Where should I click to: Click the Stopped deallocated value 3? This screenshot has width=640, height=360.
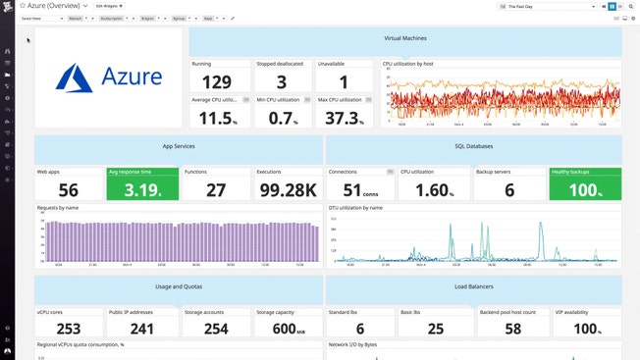(x=283, y=81)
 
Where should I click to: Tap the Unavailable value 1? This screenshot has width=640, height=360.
(x=345, y=81)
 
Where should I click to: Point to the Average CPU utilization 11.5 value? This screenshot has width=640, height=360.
(x=218, y=118)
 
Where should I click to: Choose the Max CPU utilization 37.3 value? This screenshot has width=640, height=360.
(x=343, y=118)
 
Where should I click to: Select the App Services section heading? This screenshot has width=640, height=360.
(x=179, y=145)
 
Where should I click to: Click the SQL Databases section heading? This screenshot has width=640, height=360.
(x=472, y=145)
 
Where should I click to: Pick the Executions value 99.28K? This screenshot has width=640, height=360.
(x=288, y=190)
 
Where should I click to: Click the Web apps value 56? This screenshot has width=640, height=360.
(x=69, y=190)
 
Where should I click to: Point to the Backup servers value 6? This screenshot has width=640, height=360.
(x=509, y=190)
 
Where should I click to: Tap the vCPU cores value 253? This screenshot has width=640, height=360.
(x=69, y=329)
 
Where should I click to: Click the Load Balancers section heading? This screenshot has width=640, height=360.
(x=472, y=286)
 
